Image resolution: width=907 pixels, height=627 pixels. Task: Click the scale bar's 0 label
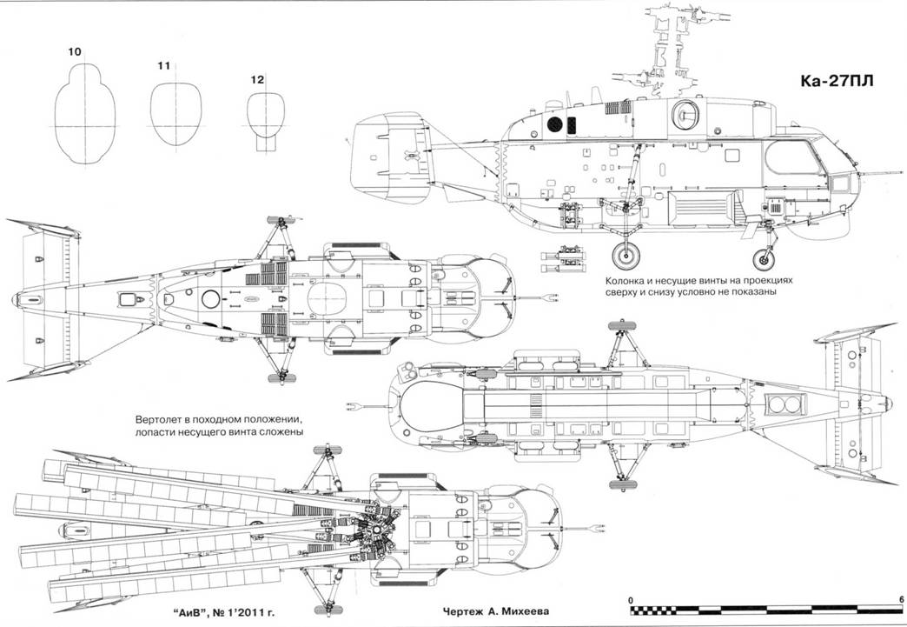pyautogui.click(x=631, y=599)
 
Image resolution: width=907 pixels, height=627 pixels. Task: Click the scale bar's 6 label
pyautogui.click(x=901, y=599)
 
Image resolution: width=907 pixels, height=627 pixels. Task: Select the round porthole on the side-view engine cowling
pyautogui.click(x=687, y=110)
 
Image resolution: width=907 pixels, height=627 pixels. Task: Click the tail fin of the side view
pyautogui.click(x=386, y=154)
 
